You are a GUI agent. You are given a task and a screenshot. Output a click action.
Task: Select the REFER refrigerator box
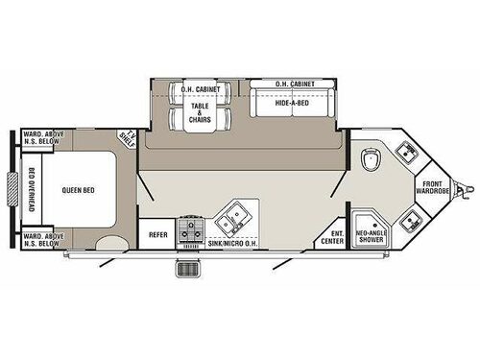coord(156,232)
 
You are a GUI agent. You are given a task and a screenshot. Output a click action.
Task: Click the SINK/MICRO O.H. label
coord(236,245)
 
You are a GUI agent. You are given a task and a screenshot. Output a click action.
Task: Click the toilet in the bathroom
coord(372,159)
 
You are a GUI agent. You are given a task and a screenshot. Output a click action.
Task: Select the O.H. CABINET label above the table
coord(201,89)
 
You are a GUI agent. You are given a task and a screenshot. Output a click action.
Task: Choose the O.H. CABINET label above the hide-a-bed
coord(295,85)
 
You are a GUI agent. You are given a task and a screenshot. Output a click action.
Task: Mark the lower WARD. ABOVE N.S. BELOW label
coord(42,237)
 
